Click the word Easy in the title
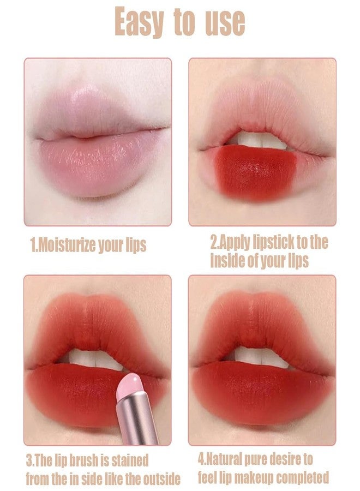coord(139,22)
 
